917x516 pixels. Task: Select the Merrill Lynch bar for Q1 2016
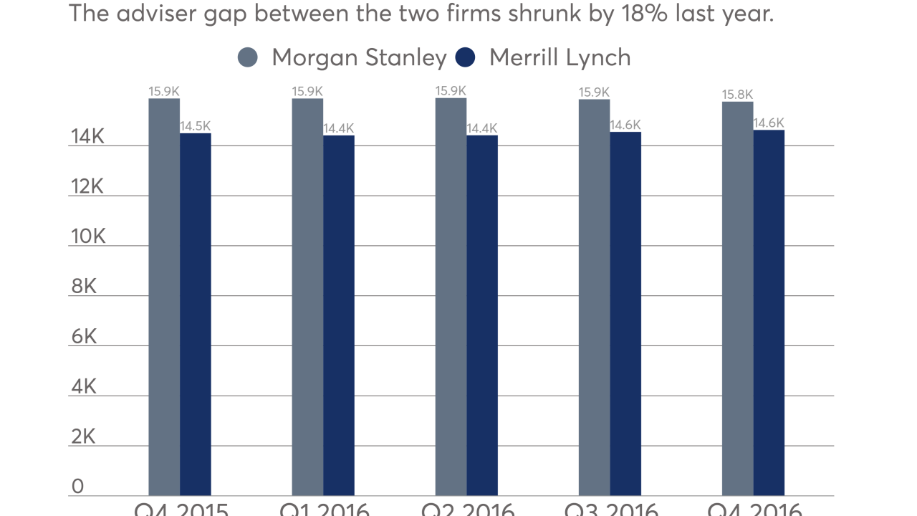click(339, 315)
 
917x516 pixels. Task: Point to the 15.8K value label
click(737, 95)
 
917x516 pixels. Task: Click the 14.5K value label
click(195, 126)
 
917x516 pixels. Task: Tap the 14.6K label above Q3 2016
click(625, 125)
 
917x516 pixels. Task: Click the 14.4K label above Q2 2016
click(481, 128)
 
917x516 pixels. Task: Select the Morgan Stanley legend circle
click(248, 57)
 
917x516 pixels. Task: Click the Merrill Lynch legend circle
click(466, 57)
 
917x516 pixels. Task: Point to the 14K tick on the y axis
click(87, 136)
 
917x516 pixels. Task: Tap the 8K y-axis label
click(84, 287)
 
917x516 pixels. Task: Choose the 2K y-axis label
click(83, 437)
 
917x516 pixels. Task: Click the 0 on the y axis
click(77, 487)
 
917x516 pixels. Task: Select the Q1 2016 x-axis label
click(324, 510)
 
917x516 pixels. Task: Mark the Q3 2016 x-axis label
click(610, 510)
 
